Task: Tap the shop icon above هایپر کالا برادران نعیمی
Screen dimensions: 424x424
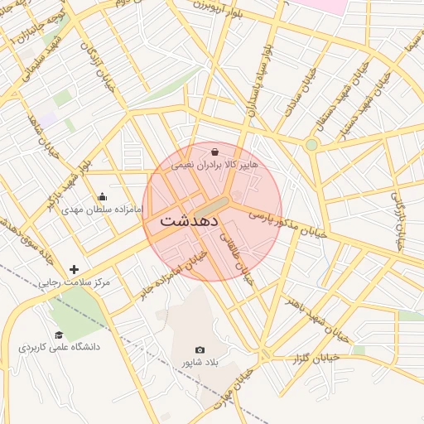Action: tap(215, 152)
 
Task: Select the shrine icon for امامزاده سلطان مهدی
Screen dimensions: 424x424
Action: tap(102, 197)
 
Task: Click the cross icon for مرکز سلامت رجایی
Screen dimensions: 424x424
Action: tap(75, 269)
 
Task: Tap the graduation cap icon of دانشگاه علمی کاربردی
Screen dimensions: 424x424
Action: tap(59, 335)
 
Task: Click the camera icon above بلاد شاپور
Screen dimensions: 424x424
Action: tap(199, 350)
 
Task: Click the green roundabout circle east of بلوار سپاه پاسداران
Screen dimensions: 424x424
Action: tap(311, 145)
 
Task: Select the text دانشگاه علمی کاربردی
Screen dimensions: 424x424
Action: tap(60, 347)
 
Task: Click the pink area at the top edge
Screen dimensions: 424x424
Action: tap(319, 4)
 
